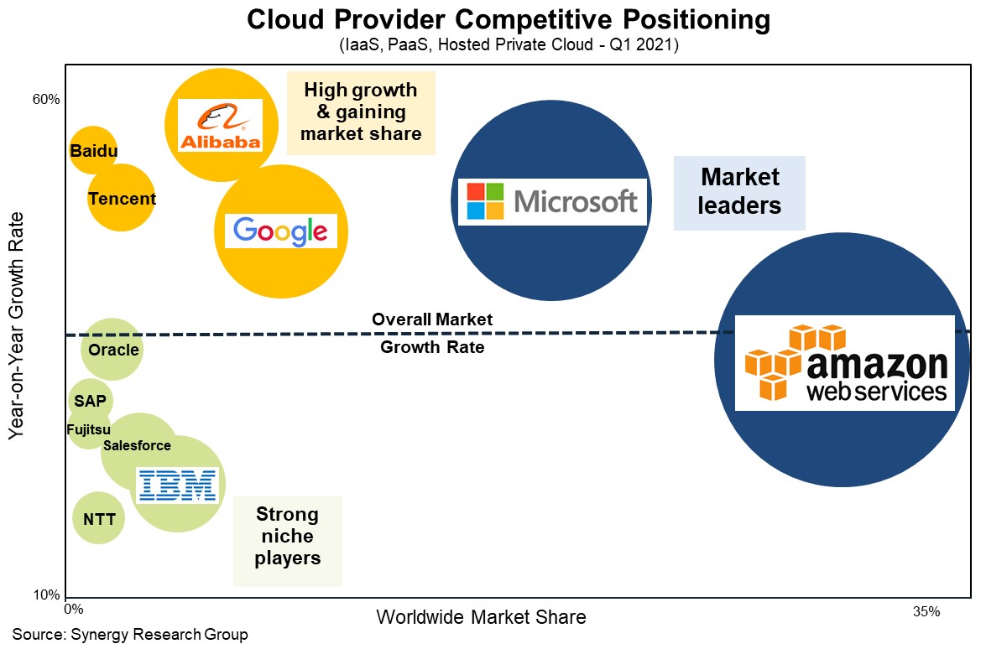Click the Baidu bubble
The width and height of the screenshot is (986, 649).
tap(92, 151)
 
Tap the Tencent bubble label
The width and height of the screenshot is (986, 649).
tap(122, 199)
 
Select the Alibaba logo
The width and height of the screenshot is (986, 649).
tap(221, 125)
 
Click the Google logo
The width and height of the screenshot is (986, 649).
tap(280, 231)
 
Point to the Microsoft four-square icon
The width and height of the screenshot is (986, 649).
tap(486, 201)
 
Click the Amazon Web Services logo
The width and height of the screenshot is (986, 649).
tap(845, 363)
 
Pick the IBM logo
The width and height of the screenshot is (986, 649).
tap(177, 485)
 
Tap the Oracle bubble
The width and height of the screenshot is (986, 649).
tap(112, 350)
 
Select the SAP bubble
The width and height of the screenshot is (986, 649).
tap(90, 401)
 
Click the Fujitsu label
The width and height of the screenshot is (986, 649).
tap(89, 430)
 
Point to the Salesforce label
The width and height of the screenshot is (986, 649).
tap(137, 445)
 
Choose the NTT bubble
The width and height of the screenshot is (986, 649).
tap(99, 519)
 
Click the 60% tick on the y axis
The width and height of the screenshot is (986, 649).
tap(46, 100)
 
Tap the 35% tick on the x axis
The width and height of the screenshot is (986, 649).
tap(926, 612)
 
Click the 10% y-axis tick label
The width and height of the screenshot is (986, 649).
tap(46, 596)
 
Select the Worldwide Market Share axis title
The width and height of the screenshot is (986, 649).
tap(481, 617)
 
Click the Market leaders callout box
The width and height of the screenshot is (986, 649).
tap(739, 192)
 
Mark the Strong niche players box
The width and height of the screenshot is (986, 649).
tap(287, 537)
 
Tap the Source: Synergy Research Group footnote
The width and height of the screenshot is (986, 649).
tap(130, 634)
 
